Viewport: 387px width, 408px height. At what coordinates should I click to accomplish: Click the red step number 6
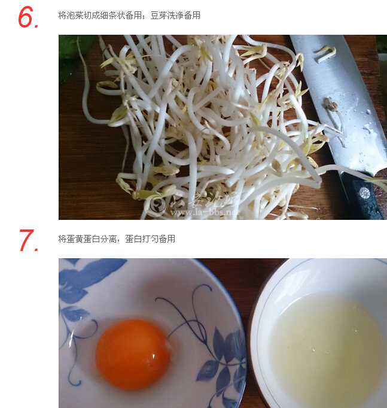(x=28, y=18)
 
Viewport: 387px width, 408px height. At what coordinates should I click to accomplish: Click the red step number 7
(x=28, y=241)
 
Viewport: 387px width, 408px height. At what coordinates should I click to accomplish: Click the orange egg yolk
(x=133, y=353)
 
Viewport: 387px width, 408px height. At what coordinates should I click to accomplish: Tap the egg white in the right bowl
(x=326, y=347)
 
